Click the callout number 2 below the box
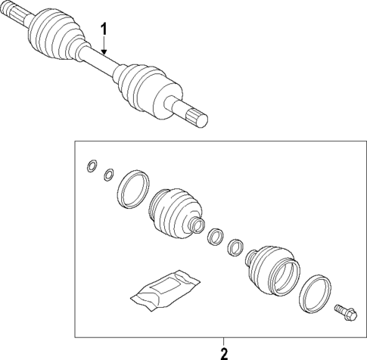(223, 352)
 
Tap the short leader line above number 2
(223, 340)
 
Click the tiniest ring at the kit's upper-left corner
(92, 166)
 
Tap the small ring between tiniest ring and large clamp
(109, 175)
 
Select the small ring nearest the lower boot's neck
(235, 247)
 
